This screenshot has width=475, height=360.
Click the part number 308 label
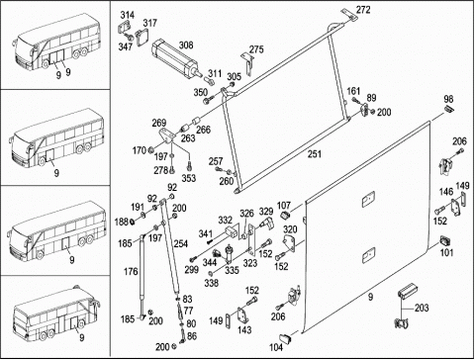tap(186, 45)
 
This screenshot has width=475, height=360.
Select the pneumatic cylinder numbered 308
tap(176, 59)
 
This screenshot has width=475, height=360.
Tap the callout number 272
tap(363, 10)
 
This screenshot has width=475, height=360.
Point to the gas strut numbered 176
tap(142, 276)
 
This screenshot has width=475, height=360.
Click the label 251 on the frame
tap(315, 154)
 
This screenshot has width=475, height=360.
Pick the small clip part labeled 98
tap(449, 109)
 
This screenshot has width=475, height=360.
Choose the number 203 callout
tap(422, 308)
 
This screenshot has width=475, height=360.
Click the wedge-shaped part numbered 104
tap(286, 338)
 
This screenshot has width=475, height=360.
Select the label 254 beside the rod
tap(180, 243)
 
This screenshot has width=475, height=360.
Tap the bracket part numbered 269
tap(166, 135)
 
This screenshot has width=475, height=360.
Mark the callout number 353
tap(189, 178)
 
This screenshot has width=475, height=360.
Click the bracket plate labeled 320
tap(289, 243)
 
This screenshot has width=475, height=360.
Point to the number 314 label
tap(128, 15)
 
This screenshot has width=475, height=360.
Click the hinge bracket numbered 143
tap(242, 316)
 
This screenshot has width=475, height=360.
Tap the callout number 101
tap(447, 252)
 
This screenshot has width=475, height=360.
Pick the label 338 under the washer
tap(211, 283)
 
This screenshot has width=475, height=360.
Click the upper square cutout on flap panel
tap(368, 200)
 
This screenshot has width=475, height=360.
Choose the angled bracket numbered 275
tap(247, 62)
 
